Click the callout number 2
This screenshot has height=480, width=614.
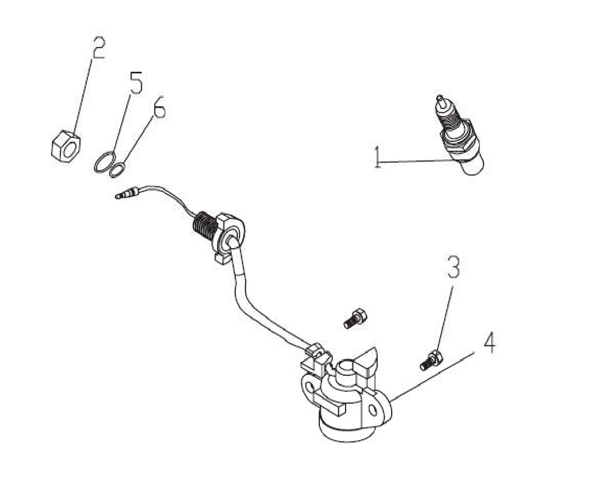99,48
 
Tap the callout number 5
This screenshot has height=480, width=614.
136,83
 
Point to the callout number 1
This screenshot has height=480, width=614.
378,157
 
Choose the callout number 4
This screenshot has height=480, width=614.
489,343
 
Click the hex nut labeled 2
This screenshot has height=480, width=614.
66,147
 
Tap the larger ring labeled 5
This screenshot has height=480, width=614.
105,162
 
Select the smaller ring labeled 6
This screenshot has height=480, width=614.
118,171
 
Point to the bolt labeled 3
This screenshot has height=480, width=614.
431,360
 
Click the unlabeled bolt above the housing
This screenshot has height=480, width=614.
355,318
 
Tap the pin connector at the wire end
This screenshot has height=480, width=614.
128,193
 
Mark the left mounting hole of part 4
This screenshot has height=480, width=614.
311,387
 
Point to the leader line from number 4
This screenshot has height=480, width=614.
433,376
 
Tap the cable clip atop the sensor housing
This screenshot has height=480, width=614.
316,355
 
